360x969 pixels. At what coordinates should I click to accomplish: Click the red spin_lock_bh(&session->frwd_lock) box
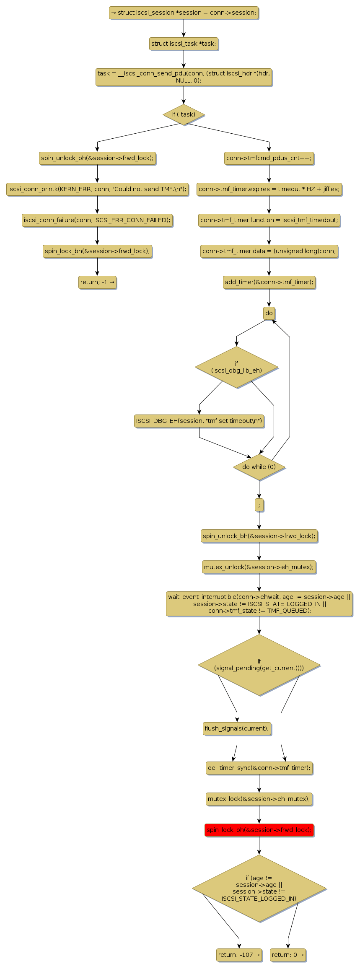click(x=259, y=830)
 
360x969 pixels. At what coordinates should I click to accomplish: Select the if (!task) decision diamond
click(x=184, y=114)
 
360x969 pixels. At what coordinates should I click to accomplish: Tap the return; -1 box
click(x=97, y=282)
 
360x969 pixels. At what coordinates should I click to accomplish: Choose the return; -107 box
click(x=239, y=955)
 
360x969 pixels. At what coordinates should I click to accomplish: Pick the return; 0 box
click(x=288, y=955)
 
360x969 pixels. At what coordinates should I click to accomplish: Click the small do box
click(x=269, y=313)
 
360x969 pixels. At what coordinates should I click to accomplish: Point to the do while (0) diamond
click(x=259, y=467)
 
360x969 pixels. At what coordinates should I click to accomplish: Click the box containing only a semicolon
click(x=259, y=505)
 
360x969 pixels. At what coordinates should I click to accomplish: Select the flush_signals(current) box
click(x=237, y=728)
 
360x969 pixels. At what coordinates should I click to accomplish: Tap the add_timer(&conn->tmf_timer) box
click(x=269, y=282)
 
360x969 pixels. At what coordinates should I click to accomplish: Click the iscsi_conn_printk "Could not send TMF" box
click(x=97, y=189)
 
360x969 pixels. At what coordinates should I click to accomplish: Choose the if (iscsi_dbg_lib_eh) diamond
click(x=236, y=367)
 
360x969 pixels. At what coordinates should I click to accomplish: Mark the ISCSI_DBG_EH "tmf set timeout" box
click(x=199, y=421)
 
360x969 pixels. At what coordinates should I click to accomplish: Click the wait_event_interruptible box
click(x=259, y=604)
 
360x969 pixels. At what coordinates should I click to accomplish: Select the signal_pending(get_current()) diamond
click(x=259, y=665)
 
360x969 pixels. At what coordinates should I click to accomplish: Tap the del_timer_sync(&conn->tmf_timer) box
click(x=259, y=768)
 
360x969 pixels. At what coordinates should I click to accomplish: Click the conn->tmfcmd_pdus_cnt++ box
click(x=269, y=158)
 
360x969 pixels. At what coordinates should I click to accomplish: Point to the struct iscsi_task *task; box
click(x=184, y=44)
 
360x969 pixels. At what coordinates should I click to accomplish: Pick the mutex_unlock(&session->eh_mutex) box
click(x=259, y=567)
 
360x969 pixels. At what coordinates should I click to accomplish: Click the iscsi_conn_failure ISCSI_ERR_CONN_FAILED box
click(x=97, y=220)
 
